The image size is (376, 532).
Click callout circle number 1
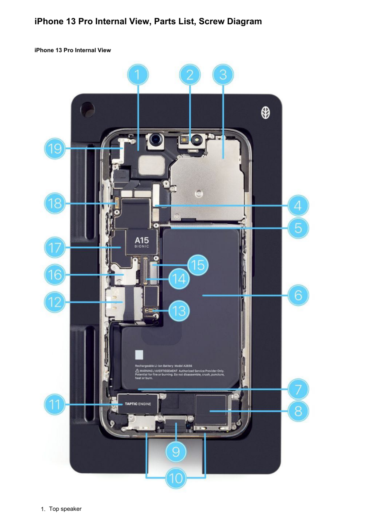point(137,75)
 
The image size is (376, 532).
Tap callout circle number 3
point(223,75)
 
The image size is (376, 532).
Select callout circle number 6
point(298,295)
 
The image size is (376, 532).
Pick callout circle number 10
point(176,478)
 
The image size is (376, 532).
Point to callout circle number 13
point(179,311)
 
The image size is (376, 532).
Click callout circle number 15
point(198,265)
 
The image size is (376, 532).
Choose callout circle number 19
point(55,148)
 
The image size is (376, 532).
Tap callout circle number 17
point(55,248)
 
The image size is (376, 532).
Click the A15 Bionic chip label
point(142,242)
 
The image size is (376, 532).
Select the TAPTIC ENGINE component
point(137,404)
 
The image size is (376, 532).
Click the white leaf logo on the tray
point(265,113)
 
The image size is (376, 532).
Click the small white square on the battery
point(139,354)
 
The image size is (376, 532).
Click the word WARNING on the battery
point(146,371)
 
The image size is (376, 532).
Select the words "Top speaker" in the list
point(65,509)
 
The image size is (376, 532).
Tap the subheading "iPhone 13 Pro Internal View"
point(73,50)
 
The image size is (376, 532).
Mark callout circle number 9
point(176,452)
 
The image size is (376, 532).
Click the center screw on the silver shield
point(199,193)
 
